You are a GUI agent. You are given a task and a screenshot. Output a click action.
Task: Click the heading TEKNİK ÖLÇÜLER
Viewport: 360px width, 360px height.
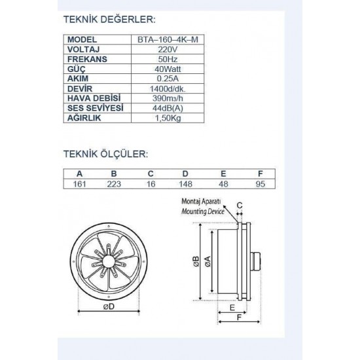click(x=106, y=155)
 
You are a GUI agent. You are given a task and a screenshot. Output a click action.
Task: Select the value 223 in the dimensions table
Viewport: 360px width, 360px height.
click(x=115, y=184)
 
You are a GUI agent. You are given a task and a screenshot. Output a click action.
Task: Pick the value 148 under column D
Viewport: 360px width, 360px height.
click(x=187, y=184)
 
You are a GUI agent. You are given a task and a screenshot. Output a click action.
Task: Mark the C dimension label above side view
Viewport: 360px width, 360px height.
click(x=240, y=206)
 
